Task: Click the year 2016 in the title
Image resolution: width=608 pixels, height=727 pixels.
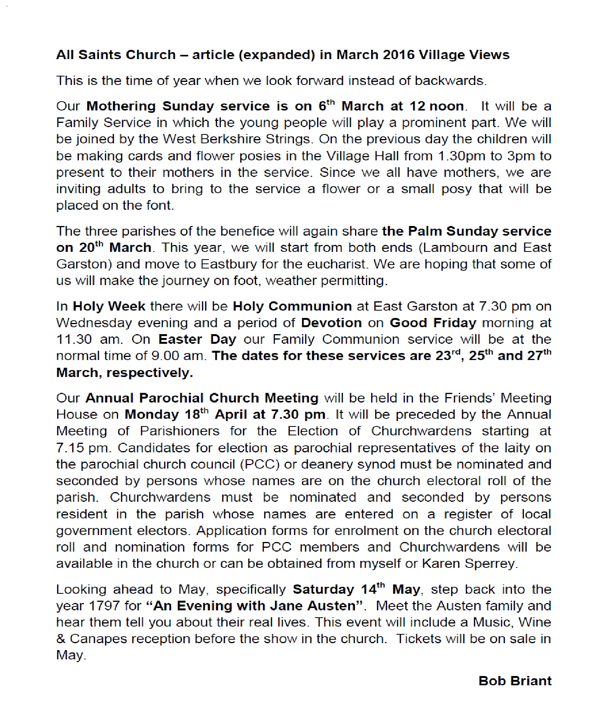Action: (399, 55)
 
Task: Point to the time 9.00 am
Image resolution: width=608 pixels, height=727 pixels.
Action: (182, 356)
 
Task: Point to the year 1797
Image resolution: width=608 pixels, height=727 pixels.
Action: (104, 606)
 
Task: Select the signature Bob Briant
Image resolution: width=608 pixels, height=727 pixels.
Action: (515, 681)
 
